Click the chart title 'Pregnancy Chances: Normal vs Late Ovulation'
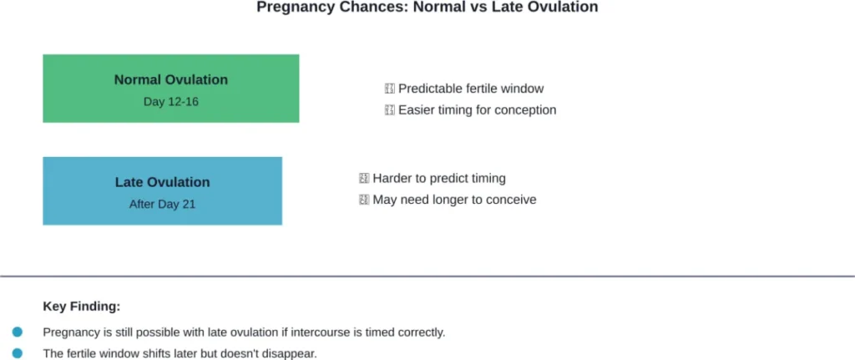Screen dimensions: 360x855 [427, 8]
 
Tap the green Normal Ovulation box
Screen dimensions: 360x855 [170, 89]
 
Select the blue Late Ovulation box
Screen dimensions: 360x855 [162, 190]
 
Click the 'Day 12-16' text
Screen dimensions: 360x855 [170, 102]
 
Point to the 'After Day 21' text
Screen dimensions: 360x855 [162, 204]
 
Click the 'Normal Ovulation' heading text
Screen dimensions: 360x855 [170, 80]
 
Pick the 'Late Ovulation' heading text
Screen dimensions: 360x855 [162, 182]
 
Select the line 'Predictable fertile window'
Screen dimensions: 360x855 [471, 89]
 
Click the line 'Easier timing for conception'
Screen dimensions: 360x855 [477, 110]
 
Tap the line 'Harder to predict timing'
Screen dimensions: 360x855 [439, 179]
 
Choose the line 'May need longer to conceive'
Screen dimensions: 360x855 [454, 200]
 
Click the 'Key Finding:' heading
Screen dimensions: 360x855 [82, 307]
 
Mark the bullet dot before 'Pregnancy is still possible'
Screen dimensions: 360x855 [18, 332]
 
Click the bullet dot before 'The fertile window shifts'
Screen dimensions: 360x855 [18, 353]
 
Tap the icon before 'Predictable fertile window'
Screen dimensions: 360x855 [389, 89]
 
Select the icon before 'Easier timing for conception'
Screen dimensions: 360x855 [389, 110]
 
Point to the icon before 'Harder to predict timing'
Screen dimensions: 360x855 [363, 179]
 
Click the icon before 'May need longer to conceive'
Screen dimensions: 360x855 [363, 200]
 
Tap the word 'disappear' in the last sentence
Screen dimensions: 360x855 [291, 354]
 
